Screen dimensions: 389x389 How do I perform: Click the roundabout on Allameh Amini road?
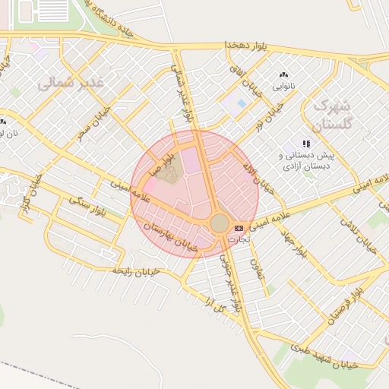tap(219, 223)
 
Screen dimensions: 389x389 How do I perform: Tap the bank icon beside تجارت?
tap(239, 228)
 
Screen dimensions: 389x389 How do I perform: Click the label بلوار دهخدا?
tap(247, 46)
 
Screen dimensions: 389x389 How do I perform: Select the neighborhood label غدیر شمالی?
tap(69, 81)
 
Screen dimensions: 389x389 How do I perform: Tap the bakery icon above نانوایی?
tap(284, 75)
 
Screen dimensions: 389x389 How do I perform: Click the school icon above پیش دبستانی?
tap(306, 143)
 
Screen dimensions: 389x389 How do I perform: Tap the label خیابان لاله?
tap(256, 174)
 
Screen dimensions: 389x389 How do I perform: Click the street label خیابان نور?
tap(270, 117)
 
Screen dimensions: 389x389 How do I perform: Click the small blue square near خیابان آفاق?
tap(242, 103)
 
